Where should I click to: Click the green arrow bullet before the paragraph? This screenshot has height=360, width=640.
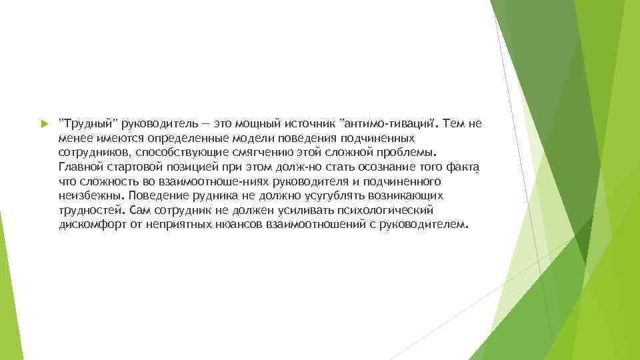click(45, 124)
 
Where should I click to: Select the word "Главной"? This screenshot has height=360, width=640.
click(80, 167)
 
